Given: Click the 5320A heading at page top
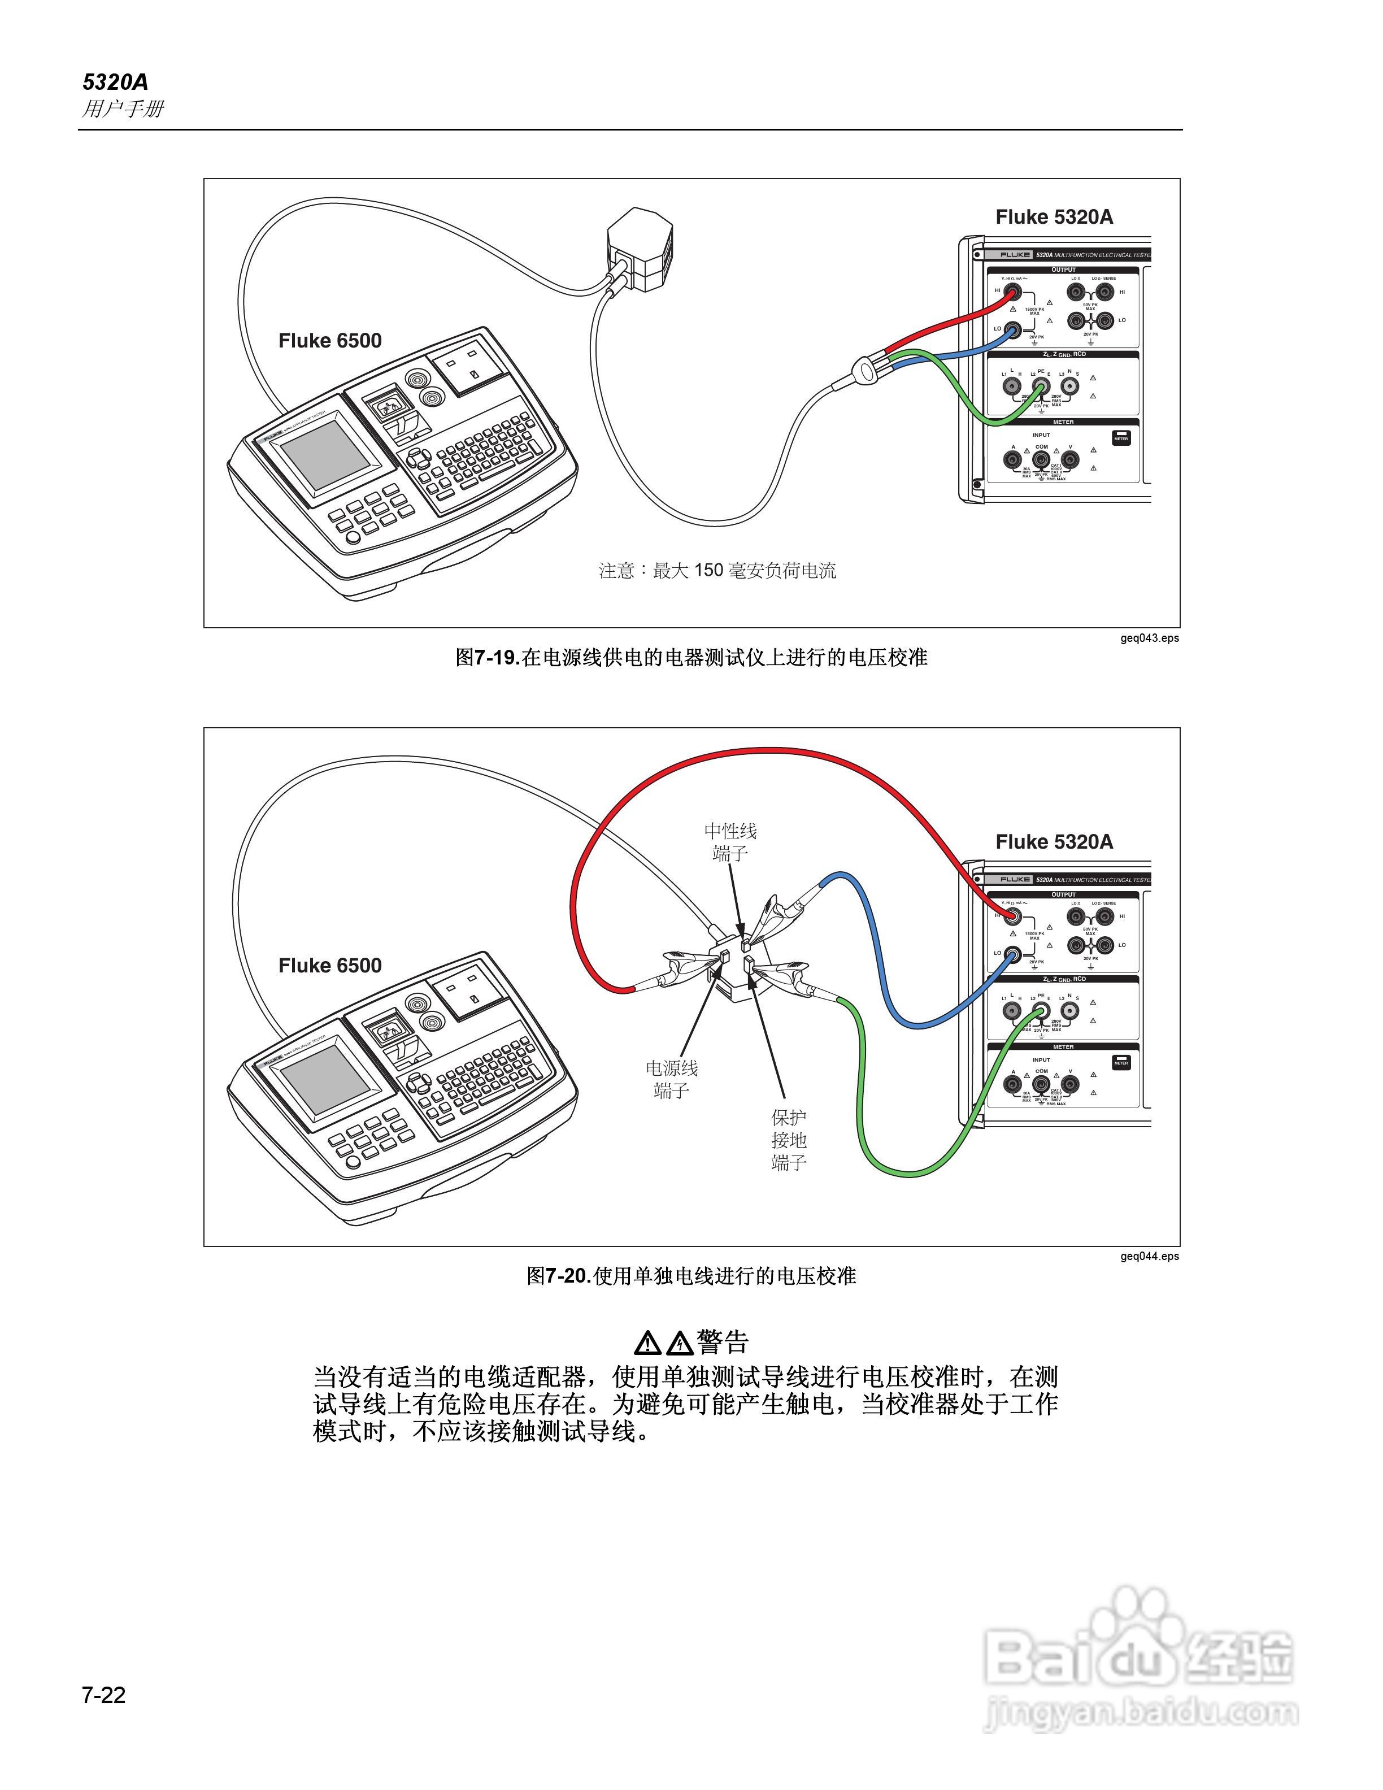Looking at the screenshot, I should pyautogui.click(x=115, y=82).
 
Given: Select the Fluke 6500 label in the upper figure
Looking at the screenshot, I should pyautogui.click(x=329, y=341).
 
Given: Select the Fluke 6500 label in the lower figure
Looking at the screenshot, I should pyautogui.click(x=329, y=966).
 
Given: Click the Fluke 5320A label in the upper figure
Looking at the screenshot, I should pyautogui.click(x=1054, y=217).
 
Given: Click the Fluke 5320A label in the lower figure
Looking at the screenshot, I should pyautogui.click(x=1054, y=842).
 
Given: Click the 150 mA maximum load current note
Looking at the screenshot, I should pyautogui.click(x=717, y=571).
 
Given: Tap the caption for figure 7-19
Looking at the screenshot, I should pyautogui.click(x=691, y=657).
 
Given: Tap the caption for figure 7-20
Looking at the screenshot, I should pyautogui.click(x=691, y=1276).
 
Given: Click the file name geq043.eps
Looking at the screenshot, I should pyautogui.click(x=1150, y=638).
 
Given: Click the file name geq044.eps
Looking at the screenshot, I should pyautogui.click(x=1150, y=1257).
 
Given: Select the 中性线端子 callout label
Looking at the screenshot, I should pyautogui.click(x=730, y=842).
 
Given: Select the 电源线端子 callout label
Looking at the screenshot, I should pyautogui.click(x=672, y=1079).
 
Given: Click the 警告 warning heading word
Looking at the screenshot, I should pyautogui.click(x=723, y=1342).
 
